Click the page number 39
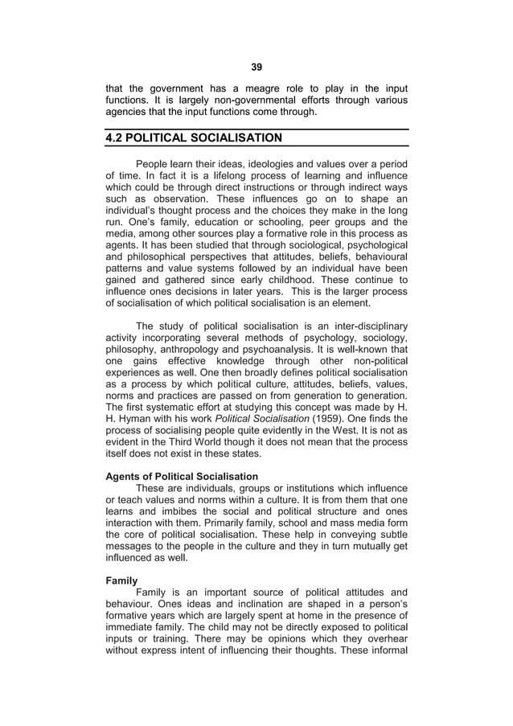pos(256,67)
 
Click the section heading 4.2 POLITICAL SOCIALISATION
pos(194,137)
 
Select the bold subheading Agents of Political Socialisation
pos(182,477)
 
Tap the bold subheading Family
pos(122,579)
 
